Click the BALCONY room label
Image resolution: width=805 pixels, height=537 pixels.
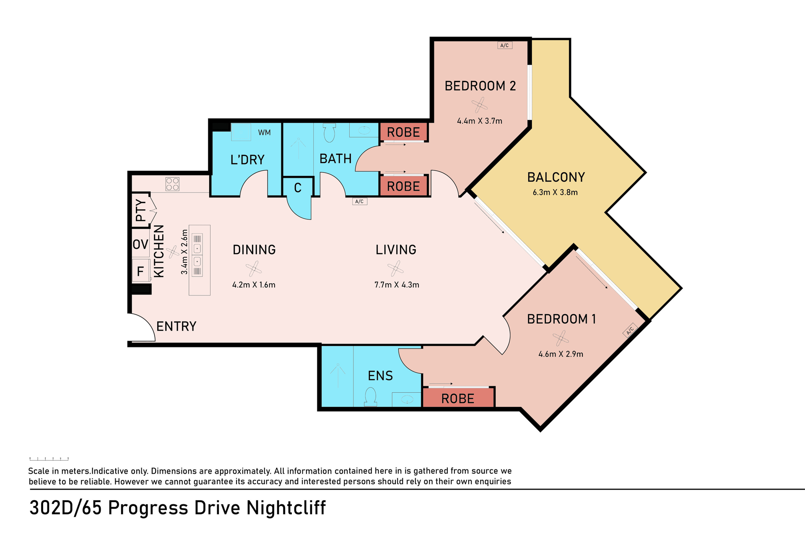pyautogui.click(x=556, y=177)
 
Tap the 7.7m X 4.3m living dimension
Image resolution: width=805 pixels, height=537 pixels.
pyautogui.click(x=397, y=285)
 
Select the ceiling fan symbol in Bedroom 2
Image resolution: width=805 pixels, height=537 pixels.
pyautogui.click(x=479, y=105)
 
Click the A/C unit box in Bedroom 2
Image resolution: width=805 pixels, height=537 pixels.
pyautogui.click(x=505, y=45)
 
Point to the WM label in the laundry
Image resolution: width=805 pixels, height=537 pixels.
pyautogui.click(x=264, y=133)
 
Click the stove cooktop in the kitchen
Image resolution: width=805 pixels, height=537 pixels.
pyautogui.click(x=172, y=184)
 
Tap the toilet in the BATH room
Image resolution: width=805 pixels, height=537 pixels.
pyautogui.click(x=330, y=132)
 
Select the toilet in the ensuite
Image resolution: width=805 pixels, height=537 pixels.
pyautogui.click(x=371, y=396)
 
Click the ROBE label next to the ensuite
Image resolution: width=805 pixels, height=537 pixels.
pyautogui.click(x=458, y=399)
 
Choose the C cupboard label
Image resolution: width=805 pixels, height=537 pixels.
pyautogui.click(x=298, y=188)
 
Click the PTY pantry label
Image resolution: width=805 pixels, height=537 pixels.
pyautogui.click(x=141, y=210)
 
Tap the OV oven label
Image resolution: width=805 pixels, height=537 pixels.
pyautogui.click(x=140, y=244)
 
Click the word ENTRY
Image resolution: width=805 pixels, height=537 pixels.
pyautogui.click(x=177, y=326)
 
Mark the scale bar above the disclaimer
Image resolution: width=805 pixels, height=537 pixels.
pyautogui.click(x=49, y=459)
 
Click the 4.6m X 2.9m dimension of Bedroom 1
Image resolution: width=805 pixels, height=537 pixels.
pyautogui.click(x=561, y=354)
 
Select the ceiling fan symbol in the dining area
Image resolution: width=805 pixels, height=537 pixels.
pyautogui.click(x=254, y=268)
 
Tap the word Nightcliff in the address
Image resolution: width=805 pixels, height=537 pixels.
pyautogui.click(x=286, y=508)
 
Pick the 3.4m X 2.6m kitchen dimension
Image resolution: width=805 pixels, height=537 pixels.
pyautogui.click(x=184, y=252)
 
